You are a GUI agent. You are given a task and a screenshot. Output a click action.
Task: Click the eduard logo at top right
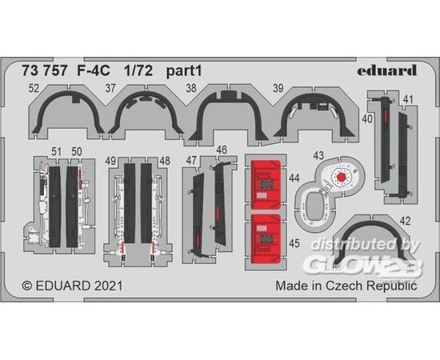(387, 70)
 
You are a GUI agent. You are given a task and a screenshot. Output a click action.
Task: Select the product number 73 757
(45, 71)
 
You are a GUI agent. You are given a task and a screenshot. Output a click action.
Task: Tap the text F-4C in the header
(94, 71)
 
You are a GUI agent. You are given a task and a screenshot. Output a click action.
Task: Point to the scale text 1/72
(138, 71)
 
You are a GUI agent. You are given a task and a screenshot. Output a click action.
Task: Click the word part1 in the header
(184, 71)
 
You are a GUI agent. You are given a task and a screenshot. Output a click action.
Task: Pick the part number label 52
(34, 89)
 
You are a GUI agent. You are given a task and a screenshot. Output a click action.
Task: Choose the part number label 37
(110, 88)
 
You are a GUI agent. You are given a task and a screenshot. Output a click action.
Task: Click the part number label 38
(191, 88)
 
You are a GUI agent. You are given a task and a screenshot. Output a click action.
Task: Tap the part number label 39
(278, 88)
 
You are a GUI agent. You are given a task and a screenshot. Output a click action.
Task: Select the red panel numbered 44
(266, 185)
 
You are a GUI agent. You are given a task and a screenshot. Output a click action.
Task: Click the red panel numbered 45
(266, 239)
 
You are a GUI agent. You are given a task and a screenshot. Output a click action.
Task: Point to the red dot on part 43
(341, 177)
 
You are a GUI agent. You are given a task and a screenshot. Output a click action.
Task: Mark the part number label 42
(405, 222)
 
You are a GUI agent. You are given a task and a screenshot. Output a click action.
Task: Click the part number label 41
(408, 99)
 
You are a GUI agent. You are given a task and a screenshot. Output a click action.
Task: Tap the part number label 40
(367, 119)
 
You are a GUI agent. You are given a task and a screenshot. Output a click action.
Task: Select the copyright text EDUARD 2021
(72, 286)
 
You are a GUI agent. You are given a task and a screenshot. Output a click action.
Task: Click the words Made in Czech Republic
(346, 286)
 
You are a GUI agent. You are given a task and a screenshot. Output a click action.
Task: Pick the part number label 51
(56, 152)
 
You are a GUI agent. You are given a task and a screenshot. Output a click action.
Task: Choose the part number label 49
(111, 161)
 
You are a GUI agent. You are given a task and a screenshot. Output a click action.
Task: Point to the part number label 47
(191, 161)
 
